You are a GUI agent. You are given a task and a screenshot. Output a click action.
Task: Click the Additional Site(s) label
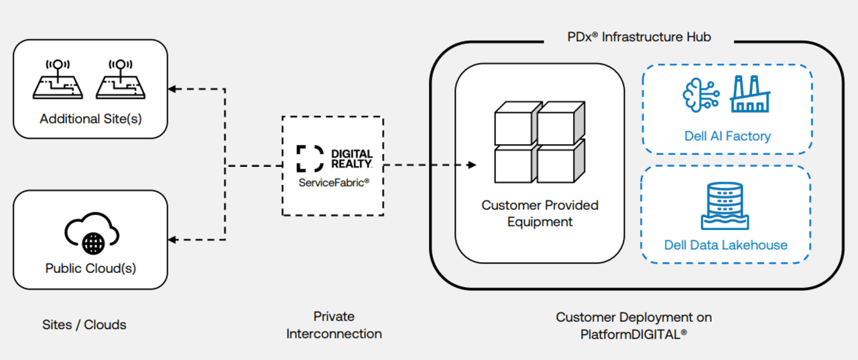[x=90, y=119]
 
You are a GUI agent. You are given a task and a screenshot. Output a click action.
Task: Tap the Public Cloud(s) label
[x=90, y=268]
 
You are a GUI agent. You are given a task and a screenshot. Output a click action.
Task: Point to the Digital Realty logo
[x=334, y=158]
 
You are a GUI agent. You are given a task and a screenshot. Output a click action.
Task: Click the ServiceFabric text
[x=334, y=181]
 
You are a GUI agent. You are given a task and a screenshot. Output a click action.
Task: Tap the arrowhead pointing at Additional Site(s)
[x=172, y=88]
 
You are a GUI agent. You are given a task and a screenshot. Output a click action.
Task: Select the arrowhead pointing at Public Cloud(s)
[x=172, y=239]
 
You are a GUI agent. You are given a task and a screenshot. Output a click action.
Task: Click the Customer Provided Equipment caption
[x=540, y=213]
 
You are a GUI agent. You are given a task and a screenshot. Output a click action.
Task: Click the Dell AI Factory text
[x=727, y=136]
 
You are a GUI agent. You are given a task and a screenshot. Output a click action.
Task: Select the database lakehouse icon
[x=725, y=205]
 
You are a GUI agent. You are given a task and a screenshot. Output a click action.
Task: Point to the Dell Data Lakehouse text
[x=725, y=245]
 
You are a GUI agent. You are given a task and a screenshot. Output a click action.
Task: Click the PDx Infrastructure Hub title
[x=639, y=37]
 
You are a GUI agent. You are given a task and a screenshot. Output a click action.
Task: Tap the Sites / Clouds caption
[x=84, y=325]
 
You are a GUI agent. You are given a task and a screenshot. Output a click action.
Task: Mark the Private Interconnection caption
[x=334, y=324]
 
